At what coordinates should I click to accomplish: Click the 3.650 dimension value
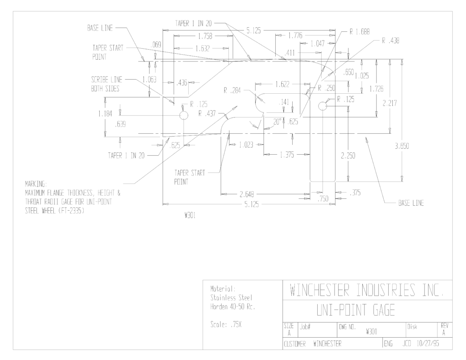402,146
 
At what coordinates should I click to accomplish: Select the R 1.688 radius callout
360,32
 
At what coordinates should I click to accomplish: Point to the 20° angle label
277,122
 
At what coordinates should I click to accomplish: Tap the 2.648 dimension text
247,194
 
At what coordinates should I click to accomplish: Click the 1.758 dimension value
205,36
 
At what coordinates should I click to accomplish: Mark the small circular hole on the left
184,115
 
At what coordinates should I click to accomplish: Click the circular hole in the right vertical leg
323,106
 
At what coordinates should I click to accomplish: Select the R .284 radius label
232,91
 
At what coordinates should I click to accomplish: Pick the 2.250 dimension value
348,156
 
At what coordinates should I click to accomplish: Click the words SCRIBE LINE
106,80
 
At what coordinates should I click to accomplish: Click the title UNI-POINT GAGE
355,310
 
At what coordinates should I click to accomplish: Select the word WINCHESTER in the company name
319,290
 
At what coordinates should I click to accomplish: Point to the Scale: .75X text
226,325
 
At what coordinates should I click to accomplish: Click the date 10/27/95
428,344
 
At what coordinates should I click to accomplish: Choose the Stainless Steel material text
231,298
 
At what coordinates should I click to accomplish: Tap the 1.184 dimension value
105,114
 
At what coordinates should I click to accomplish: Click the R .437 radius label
207,113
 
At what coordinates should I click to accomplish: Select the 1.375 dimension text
287,155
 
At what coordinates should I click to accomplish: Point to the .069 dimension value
156,45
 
